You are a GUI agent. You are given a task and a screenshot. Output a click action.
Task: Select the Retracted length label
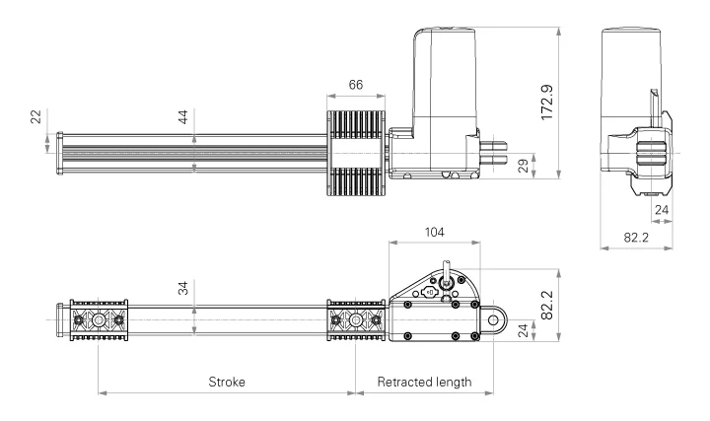click(x=424, y=382)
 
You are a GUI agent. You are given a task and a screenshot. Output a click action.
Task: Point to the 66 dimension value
click(x=356, y=86)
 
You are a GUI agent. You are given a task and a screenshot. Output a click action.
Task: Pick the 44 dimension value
click(x=182, y=116)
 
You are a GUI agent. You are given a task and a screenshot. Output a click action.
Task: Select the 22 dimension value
click(x=36, y=117)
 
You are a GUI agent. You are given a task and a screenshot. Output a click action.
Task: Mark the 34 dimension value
click(x=182, y=288)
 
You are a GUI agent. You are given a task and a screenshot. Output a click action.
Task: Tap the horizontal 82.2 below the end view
click(x=637, y=238)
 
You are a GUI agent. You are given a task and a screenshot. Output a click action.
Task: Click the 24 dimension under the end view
click(x=662, y=209)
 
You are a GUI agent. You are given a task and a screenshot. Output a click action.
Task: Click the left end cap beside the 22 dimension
click(x=61, y=154)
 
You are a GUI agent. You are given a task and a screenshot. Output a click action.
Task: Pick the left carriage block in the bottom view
click(x=99, y=320)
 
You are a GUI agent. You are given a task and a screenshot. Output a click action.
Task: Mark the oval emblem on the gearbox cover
click(x=430, y=293)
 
